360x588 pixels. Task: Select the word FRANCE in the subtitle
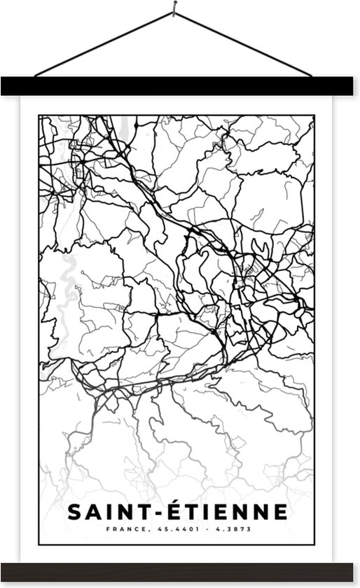[x=124, y=530]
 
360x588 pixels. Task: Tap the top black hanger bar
[x=180, y=86]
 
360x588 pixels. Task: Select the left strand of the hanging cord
[x=105, y=43]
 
